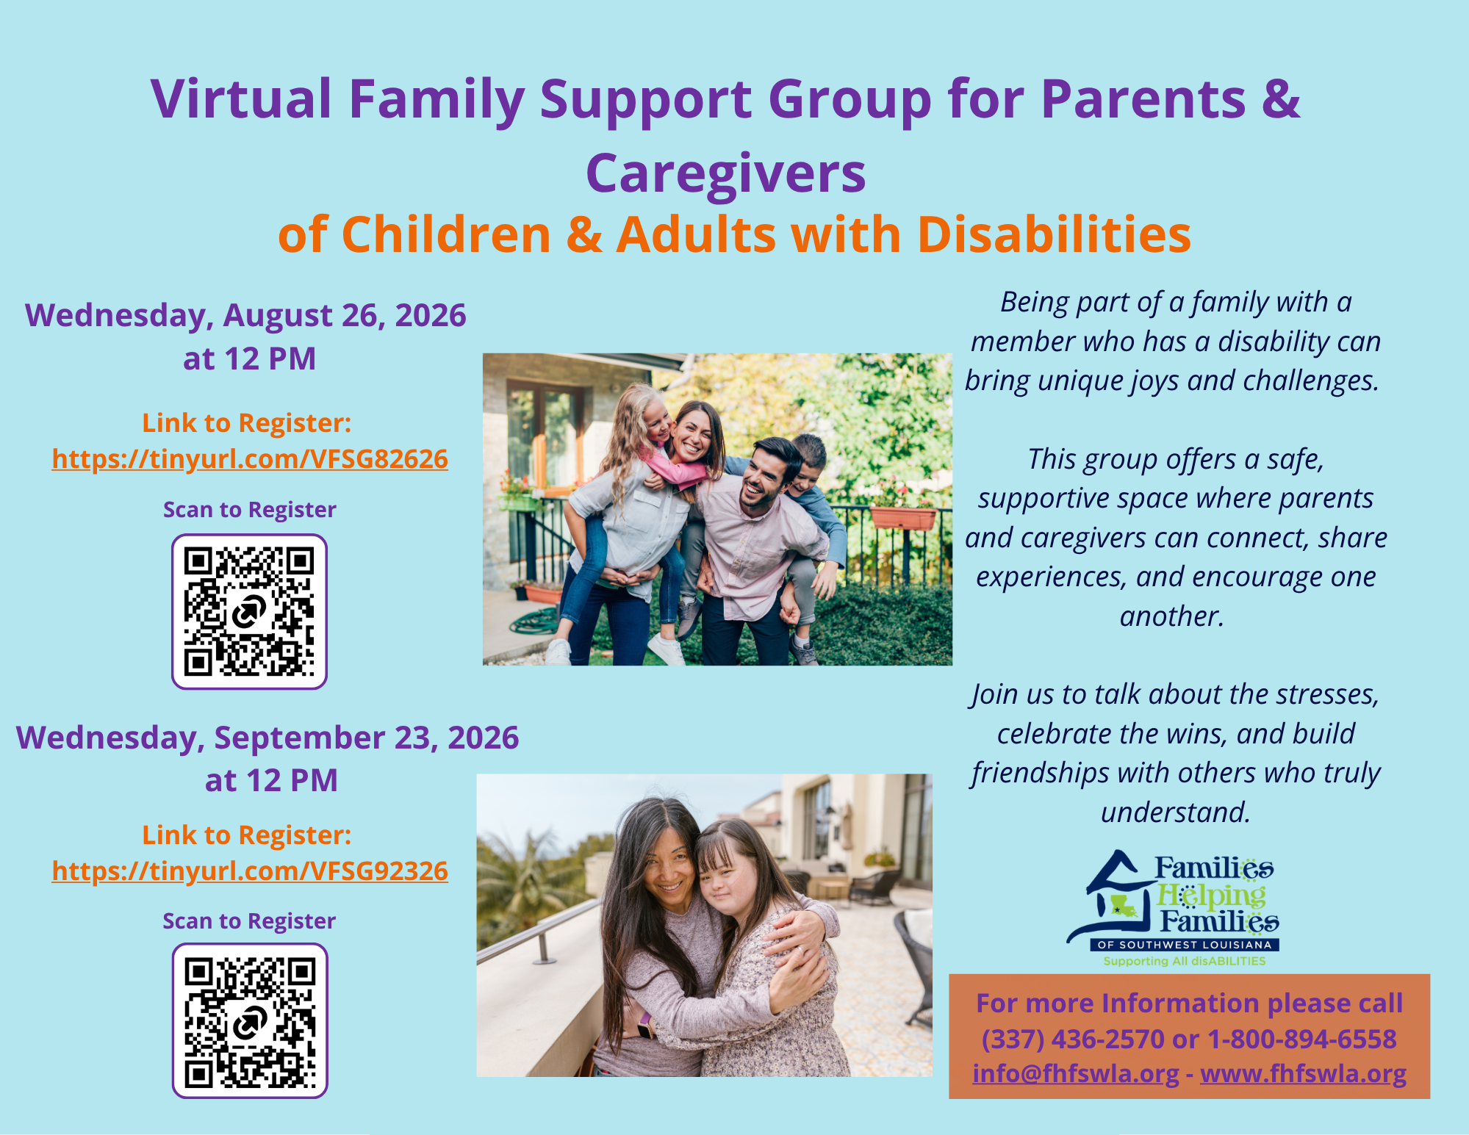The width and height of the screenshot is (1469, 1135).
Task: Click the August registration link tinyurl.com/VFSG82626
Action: pyautogui.click(x=250, y=459)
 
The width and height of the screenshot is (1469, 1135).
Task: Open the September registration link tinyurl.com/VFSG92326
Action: pyautogui.click(x=250, y=871)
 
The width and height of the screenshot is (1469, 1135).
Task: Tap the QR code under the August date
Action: pyautogui.click(x=249, y=611)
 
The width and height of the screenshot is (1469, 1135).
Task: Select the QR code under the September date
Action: pyautogui.click(x=250, y=1020)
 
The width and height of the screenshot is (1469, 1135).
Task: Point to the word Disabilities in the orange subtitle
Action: pyautogui.click(x=1054, y=235)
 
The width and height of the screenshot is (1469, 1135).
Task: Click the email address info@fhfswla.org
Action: pyautogui.click(x=1076, y=1074)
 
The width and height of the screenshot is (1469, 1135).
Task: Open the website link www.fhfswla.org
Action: pyautogui.click(x=1303, y=1074)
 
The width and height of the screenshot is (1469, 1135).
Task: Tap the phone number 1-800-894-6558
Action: pyautogui.click(x=1302, y=1039)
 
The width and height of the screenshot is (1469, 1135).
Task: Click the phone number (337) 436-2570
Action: pyautogui.click(x=1073, y=1039)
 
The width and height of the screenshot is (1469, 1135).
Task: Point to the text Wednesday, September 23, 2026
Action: pyautogui.click(x=267, y=738)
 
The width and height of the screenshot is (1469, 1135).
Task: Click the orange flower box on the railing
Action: pyautogui.click(x=902, y=517)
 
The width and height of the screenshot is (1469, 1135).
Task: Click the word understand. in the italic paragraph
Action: pyautogui.click(x=1175, y=812)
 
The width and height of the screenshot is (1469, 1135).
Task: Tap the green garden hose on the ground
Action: pyautogui.click(x=535, y=621)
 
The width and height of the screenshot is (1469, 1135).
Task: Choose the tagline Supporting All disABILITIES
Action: pyautogui.click(x=1185, y=961)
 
